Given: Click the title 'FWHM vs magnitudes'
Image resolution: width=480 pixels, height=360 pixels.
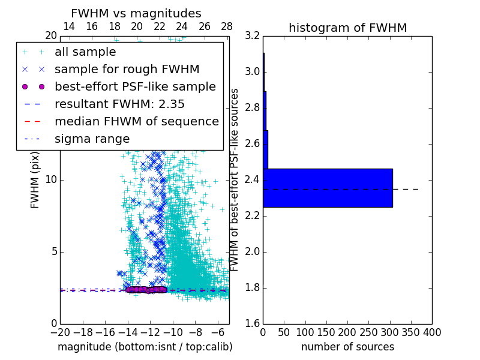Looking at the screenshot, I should pos(136,13).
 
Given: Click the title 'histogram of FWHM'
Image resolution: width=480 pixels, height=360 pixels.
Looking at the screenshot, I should pos(347,28).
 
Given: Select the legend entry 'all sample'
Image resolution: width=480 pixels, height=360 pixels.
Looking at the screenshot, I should pos(85,52).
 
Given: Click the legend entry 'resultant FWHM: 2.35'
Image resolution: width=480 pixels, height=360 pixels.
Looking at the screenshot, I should pos(119,104).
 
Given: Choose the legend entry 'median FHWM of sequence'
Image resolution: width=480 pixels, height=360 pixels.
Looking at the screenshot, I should pos(136,122).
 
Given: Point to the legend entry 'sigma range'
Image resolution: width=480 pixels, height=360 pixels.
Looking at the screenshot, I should pos(92,139).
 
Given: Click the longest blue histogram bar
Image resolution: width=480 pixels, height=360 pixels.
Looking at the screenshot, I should pos(328,188).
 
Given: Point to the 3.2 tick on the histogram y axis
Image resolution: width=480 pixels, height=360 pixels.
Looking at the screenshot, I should pos(253,36).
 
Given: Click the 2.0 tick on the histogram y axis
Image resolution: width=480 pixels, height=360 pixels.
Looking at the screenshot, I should pos(253,251).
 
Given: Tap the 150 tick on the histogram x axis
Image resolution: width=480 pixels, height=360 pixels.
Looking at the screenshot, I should pos(326,332).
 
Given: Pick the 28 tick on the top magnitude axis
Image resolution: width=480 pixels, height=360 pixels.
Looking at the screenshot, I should pos(227,26).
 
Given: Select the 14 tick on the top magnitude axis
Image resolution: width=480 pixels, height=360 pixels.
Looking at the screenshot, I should pos(69,26).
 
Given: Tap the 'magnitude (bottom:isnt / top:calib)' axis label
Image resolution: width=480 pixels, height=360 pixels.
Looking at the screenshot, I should pos(145,347).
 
